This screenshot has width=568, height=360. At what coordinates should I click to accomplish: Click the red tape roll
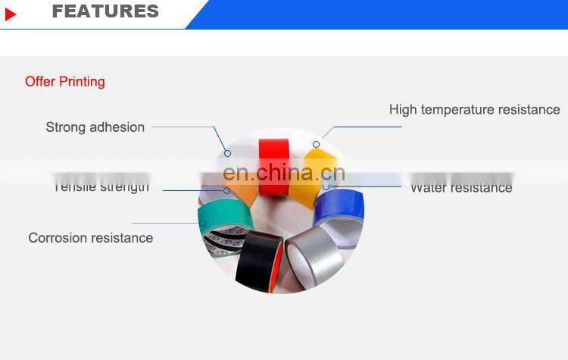click(x=274, y=163)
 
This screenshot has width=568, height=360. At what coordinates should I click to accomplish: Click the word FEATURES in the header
click(x=105, y=11)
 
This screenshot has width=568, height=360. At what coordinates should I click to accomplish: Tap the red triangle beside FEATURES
click(x=10, y=14)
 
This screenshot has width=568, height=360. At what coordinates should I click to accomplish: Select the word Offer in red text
click(x=39, y=82)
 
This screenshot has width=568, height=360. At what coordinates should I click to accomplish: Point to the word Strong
click(x=66, y=127)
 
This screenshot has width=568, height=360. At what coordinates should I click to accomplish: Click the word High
click(x=403, y=110)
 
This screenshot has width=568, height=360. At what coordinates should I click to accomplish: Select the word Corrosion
click(x=59, y=238)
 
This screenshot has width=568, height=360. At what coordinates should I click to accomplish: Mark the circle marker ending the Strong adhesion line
click(x=227, y=153)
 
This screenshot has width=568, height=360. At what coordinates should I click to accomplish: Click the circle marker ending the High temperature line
click(x=316, y=144)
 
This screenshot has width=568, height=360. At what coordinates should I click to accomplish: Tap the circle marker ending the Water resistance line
click(x=326, y=186)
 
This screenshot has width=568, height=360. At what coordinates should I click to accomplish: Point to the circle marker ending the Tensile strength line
click(x=226, y=190)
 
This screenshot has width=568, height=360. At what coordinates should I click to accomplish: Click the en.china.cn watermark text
click(x=284, y=174)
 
